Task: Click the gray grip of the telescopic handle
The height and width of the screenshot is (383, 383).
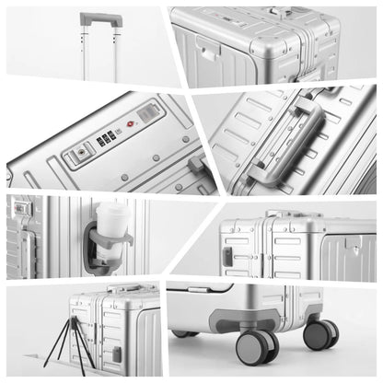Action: [99, 17]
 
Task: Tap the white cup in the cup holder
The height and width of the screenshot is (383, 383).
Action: [111, 221]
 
